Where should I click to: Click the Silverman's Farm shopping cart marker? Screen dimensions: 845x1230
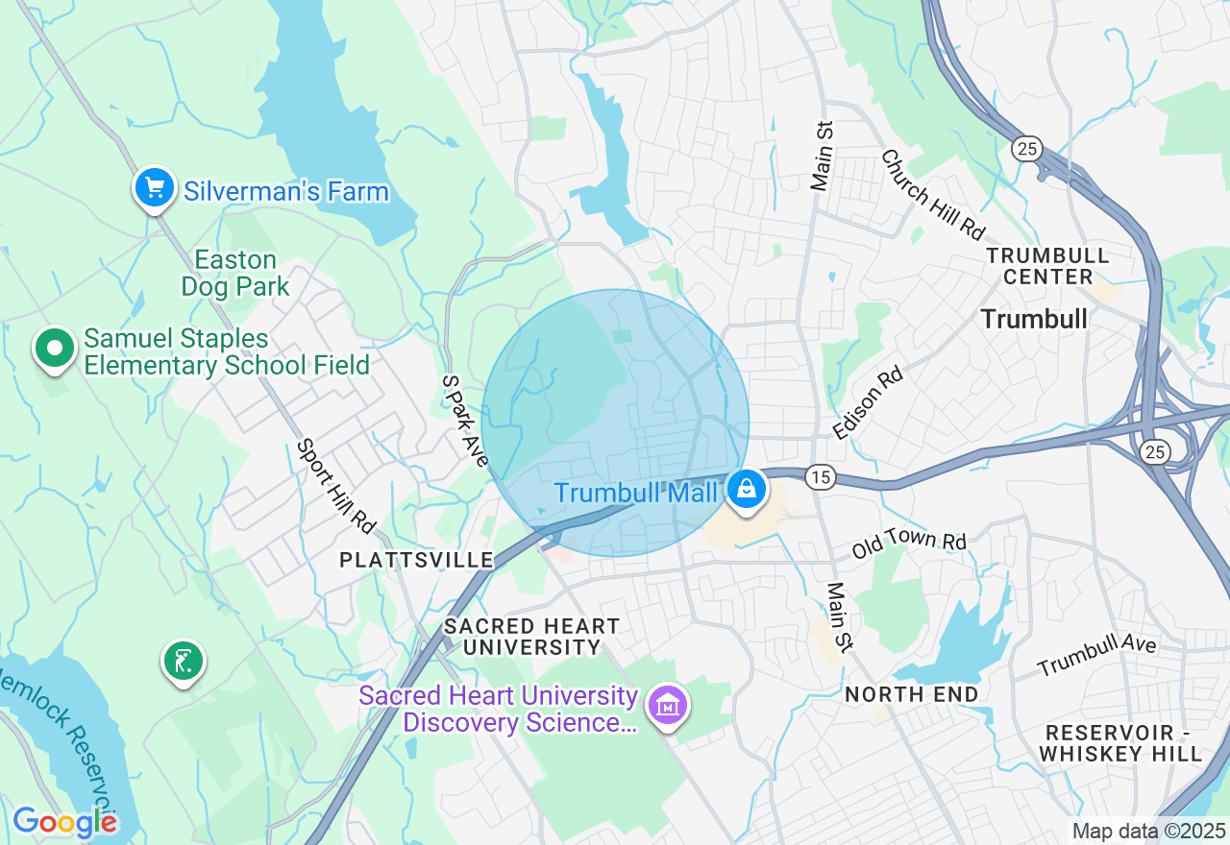(154, 187)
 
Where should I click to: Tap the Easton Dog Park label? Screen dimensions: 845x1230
(235, 274)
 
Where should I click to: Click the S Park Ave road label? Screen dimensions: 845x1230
(465, 421)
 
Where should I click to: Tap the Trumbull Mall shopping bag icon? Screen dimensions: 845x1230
(745, 488)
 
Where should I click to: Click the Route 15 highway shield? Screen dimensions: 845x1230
(819, 476)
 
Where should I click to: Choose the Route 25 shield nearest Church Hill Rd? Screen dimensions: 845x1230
(1026, 148)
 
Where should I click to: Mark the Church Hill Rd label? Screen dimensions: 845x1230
(933, 195)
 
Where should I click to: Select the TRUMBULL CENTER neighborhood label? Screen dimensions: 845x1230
(1047, 266)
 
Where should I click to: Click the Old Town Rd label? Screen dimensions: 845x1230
(908, 544)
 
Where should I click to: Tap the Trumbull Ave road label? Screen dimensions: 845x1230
(1096, 655)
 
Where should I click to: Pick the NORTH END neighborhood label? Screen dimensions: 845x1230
(911, 693)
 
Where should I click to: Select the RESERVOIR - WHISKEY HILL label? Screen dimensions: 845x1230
(1120, 743)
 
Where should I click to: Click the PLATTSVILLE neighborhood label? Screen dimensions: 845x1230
(416, 560)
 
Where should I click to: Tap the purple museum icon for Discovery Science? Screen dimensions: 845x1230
(667, 706)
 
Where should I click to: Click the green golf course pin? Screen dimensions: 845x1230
(183, 660)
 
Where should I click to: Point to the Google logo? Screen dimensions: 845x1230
(64, 822)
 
